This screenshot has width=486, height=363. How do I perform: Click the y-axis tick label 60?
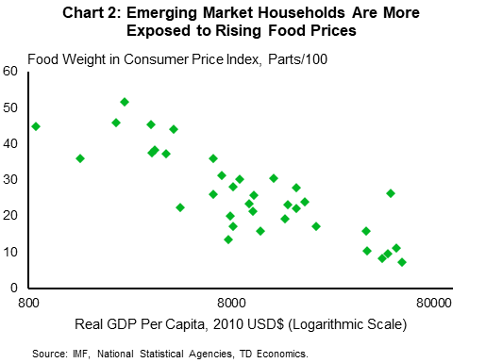[11, 71]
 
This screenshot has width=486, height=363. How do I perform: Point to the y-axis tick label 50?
[11, 107]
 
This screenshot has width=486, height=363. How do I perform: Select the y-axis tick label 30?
[11, 179]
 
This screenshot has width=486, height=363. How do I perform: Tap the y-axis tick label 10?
[11, 252]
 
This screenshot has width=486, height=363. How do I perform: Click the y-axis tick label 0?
[14, 288]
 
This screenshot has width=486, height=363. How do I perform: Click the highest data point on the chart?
[125, 102]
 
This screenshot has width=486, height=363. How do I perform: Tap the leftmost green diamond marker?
[36, 126]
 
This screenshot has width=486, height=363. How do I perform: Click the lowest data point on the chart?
[402, 262]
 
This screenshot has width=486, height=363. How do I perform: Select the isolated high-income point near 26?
[391, 193]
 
